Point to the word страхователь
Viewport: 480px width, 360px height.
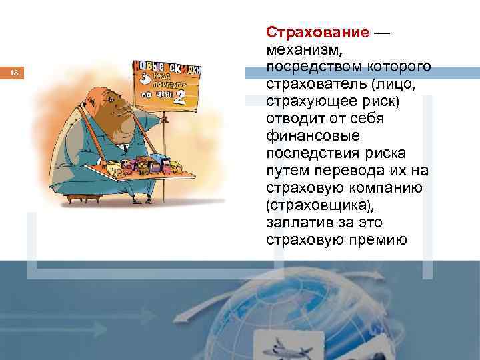(x=317, y=85)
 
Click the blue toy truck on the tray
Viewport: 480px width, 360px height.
(x=160, y=162)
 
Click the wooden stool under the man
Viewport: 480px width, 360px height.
(x=80, y=198)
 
